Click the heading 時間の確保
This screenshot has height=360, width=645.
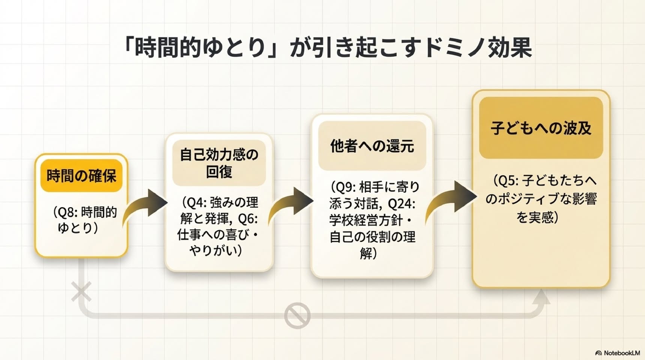81,175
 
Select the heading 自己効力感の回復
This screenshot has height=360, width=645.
219,163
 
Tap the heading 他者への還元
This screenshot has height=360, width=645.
372,146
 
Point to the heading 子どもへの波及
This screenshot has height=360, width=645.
541,128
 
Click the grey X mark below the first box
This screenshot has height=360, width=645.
81,292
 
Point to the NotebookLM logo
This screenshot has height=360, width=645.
617,353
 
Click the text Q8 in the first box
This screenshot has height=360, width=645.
68,212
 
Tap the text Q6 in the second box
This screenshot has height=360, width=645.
247,219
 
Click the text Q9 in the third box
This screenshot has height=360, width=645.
344,187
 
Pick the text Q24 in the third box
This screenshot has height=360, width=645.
401,204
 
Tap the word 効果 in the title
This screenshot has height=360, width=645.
510,48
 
